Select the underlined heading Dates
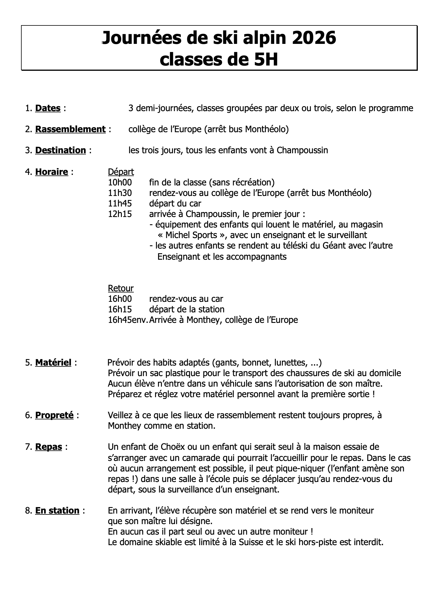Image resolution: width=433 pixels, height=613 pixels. coord(48,108)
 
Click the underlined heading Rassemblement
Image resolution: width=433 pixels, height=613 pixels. coord(70,129)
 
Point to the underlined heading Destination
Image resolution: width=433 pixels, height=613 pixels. coord(60,150)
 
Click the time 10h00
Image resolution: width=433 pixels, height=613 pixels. coord(120,182)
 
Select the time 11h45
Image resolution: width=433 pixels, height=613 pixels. coord(120,203)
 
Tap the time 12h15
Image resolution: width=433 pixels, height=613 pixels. coord(120,214)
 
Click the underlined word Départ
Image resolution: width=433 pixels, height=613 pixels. coord(121,172)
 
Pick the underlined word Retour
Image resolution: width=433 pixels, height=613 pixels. coord(120,288)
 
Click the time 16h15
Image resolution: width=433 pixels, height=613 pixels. coord(120,309)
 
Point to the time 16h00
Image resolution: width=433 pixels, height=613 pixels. coord(120,299)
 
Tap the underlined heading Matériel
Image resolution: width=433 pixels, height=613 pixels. coord(53,363)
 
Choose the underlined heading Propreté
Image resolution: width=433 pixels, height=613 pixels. coord(54,415)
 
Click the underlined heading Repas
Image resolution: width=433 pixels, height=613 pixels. coord(49,447)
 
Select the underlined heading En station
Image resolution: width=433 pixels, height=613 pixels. coord(57,511)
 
